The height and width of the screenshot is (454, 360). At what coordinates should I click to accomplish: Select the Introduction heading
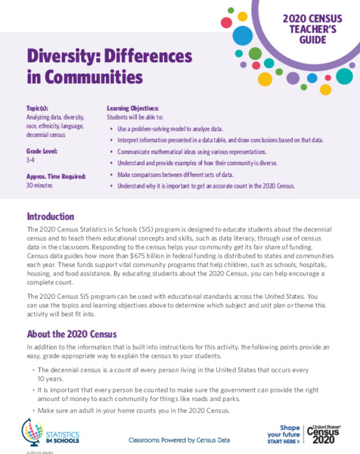(50, 216)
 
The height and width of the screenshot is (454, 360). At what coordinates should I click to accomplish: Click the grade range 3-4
(33, 159)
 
